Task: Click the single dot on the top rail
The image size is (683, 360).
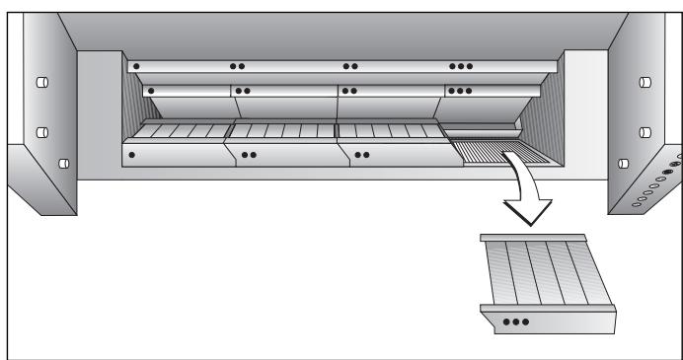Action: tap(136, 67)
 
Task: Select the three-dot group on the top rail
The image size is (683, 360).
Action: tap(461, 67)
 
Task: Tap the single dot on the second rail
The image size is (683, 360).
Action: tap(152, 91)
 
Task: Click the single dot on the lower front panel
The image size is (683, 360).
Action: tap(131, 155)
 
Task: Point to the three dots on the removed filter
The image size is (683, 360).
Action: tap(515, 321)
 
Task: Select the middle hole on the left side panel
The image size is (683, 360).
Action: tap(42, 130)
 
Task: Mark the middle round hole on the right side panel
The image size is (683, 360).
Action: tap(645, 130)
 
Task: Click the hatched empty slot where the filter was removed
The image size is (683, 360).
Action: tap(493, 150)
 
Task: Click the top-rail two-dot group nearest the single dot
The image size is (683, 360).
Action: tap(237, 67)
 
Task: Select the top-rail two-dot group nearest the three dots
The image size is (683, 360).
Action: tap(350, 67)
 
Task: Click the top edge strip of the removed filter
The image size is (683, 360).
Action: tap(533, 240)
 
